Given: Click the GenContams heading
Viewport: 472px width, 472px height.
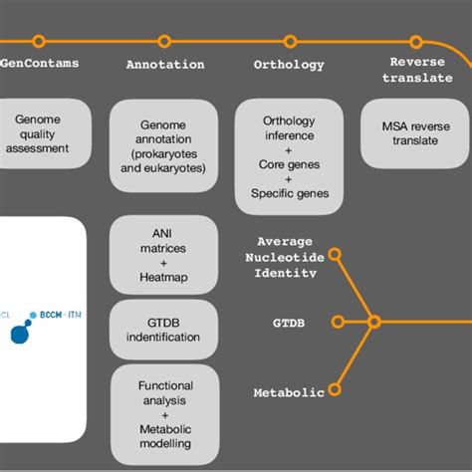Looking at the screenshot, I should pyautogui.click(x=40, y=64).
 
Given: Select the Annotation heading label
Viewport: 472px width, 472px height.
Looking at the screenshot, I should pyautogui.click(x=165, y=65).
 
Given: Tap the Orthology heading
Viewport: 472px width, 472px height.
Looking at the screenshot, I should pyautogui.click(x=290, y=65).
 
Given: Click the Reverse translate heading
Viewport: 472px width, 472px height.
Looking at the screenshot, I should pyautogui.click(x=417, y=70).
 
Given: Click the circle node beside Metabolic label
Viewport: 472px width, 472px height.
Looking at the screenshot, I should pyautogui.click(x=339, y=391).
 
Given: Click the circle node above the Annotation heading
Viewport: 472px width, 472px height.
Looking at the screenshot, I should pyautogui.click(x=165, y=42).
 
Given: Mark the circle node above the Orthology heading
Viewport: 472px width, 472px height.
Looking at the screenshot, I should pyautogui.click(x=290, y=42).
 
